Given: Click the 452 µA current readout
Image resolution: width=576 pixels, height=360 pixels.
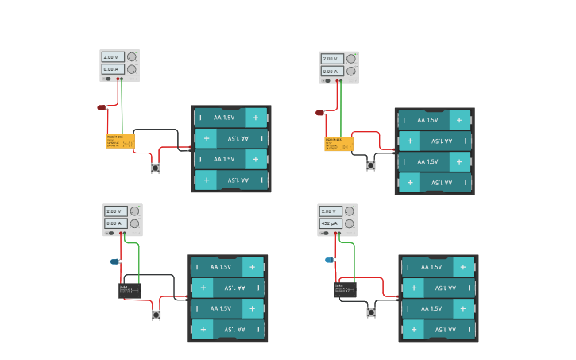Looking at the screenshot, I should pos(329,223).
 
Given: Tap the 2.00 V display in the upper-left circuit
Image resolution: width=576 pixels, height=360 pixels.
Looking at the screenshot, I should pos(112,57).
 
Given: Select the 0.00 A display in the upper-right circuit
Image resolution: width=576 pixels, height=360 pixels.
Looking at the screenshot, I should pos(331,71).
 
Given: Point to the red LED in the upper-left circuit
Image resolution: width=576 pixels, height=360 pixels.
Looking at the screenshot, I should pos(102,107).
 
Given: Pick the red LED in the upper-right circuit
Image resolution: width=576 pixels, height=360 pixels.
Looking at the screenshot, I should pos(320,113).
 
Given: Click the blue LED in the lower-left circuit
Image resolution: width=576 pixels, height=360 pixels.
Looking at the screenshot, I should pos(114,261).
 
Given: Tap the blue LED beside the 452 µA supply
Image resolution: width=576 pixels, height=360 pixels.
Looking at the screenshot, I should pos(329,260).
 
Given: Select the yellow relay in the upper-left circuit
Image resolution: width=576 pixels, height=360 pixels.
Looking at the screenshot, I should pos(120,141).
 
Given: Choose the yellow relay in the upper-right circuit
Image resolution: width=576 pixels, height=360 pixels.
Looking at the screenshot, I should pos(338,144).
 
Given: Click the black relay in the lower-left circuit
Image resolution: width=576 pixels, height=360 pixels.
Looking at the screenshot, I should pos(130,291).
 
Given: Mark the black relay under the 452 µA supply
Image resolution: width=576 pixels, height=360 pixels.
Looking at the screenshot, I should pos(345,290).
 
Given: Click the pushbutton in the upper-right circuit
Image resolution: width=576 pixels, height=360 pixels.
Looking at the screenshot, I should pos(371,165).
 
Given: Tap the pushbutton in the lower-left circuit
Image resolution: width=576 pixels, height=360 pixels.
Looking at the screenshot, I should pos(157,315).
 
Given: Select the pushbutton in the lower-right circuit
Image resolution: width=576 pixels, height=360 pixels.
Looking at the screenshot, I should pos(371,312).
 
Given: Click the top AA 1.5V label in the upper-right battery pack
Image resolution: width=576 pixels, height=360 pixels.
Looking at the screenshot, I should pos(427,121).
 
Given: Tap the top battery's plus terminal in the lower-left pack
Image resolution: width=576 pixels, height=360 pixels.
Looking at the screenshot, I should pos(253,267).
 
